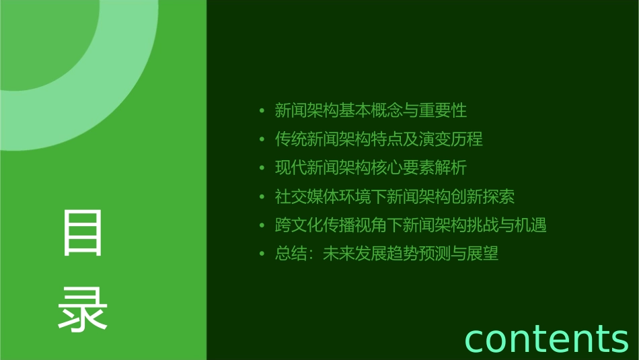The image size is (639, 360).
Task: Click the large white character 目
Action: (x=83, y=233)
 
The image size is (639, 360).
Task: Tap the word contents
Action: (x=546, y=338)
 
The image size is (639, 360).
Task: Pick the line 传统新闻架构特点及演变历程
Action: (x=379, y=139)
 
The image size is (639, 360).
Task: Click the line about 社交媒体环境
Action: (x=395, y=196)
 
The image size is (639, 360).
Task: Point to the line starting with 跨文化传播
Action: (x=410, y=225)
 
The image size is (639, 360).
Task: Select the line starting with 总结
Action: (x=386, y=254)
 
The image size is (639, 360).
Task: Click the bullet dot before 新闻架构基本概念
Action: (x=262, y=111)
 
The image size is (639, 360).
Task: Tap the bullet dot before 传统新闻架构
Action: (x=262, y=140)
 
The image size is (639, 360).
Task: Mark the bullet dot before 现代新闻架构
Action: (x=262, y=168)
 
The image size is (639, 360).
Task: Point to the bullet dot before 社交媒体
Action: (x=262, y=197)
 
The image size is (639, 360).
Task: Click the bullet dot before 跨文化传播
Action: (x=262, y=225)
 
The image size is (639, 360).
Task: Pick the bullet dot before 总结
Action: (x=262, y=254)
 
